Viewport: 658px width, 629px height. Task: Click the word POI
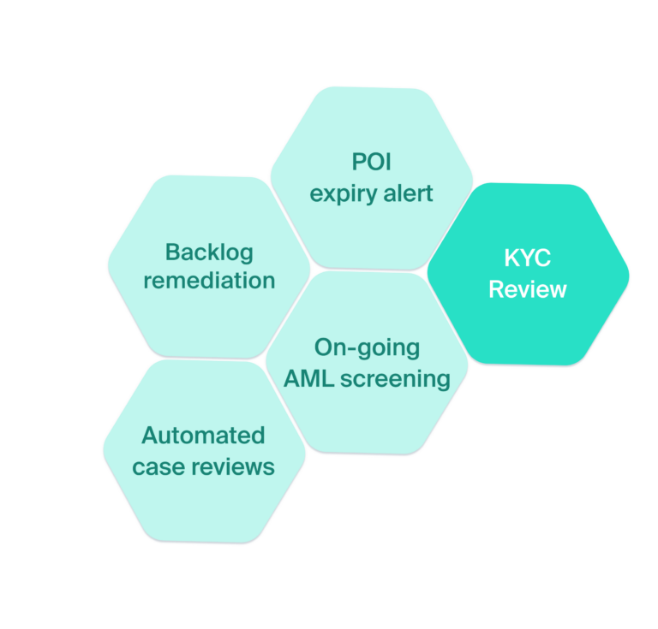pos(371,162)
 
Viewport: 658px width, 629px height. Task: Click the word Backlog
pos(209,252)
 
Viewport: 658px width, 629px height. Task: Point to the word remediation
pos(209,281)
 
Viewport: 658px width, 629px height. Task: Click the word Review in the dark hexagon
pos(527,289)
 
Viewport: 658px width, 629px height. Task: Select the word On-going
pos(367,347)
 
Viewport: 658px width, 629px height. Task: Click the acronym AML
pos(310,377)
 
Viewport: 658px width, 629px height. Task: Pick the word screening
pos(395,378)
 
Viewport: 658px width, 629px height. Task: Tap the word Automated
pos(203,436)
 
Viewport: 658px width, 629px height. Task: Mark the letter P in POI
pos(358,162)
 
